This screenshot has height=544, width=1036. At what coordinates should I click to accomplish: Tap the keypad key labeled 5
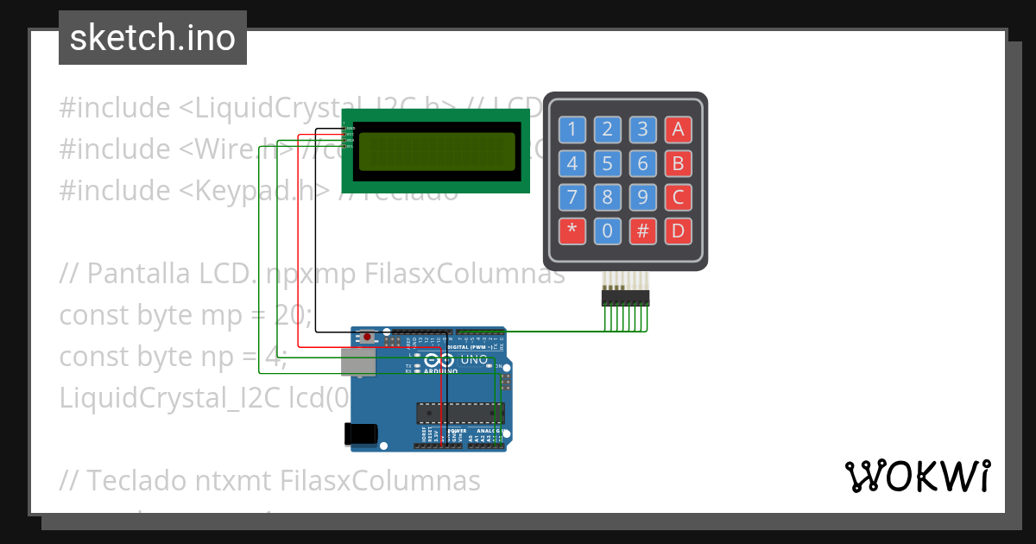tap(608, 163)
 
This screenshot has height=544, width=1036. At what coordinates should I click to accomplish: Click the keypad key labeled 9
tap(642, 197)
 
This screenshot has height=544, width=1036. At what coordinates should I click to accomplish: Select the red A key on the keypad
tap(678, 130)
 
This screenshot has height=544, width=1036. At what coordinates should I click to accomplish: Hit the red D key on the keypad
tap(678, 231)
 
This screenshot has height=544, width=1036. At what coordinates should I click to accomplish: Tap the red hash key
tap(642, 231)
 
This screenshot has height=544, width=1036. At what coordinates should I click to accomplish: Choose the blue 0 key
tap(608, 231)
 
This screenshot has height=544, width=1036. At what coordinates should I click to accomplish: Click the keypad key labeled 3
tap(642, 130)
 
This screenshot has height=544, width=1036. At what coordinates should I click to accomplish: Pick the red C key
tap(678, 197)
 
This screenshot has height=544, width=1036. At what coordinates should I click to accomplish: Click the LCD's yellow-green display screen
tap(436, 152)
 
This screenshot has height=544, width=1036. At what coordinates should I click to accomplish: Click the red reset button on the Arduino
tap(368, 337)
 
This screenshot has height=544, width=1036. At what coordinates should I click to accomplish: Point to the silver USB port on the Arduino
tap(357, 362)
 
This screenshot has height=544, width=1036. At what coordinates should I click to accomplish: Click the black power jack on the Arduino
tap(361, 433)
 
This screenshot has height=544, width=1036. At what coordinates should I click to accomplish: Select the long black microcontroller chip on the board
tap(459, 413)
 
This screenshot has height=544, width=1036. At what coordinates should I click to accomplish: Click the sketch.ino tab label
tap(153, 38)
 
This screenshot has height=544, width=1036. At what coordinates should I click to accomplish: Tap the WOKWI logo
tap(917, 476)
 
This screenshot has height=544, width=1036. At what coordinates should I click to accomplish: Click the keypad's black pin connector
tap(625, 298)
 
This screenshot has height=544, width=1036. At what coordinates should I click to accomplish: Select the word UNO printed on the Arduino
tap(473, 359)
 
